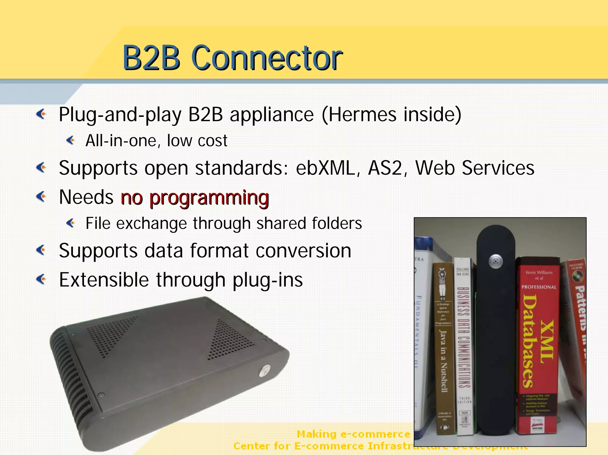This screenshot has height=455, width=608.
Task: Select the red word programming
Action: tap(209, 198)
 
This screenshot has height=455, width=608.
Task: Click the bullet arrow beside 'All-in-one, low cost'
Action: tap(71, 140)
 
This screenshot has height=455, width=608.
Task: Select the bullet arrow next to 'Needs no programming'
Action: tap(41, 197)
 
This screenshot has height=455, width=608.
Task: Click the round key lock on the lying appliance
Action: tap(265, 370)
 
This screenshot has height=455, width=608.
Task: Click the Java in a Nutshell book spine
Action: tap(443, 356)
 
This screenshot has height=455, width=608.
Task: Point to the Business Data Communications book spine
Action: tap(463, 338)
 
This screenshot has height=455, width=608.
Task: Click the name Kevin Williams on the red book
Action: tap(539, 272)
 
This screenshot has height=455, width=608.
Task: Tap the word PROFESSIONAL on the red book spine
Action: tap(539, 287)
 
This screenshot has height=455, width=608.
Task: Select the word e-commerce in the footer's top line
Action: tap(375, 434)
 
